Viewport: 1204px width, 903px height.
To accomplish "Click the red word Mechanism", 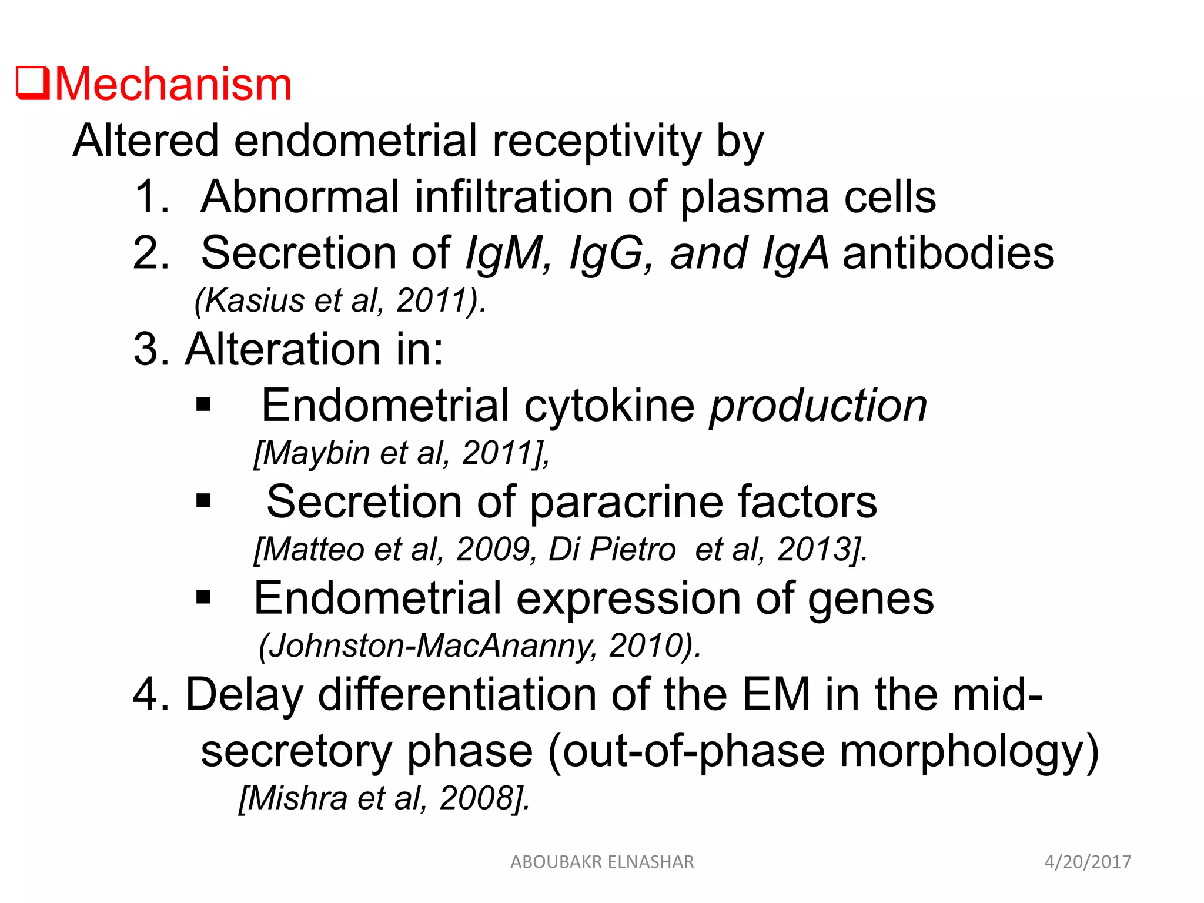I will [x=173, y=84].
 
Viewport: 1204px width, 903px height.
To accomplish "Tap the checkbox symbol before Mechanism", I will [x=32, y=83].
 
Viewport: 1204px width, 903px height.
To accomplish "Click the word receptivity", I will [x=597, y=141].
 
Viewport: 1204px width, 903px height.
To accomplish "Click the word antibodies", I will [x=948, y=253].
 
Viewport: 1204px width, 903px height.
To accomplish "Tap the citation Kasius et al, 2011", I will [x=340, y=300].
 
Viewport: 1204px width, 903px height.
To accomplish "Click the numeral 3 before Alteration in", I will [x=146, y=349].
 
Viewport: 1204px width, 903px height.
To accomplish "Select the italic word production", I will [x=818, y=405].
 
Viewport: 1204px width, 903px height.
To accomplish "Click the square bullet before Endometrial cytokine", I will [x=203, y=404].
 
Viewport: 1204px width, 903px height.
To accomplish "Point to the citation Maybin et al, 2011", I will [x=402, y=453].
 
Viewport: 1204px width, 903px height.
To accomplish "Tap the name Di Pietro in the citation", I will [x=611, y=550].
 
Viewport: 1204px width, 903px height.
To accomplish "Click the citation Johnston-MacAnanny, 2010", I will [x=480, y=646].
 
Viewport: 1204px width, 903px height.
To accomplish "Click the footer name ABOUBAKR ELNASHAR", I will [x=602, y=862].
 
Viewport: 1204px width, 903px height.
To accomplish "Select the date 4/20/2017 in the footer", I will [x=1088, y=862].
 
